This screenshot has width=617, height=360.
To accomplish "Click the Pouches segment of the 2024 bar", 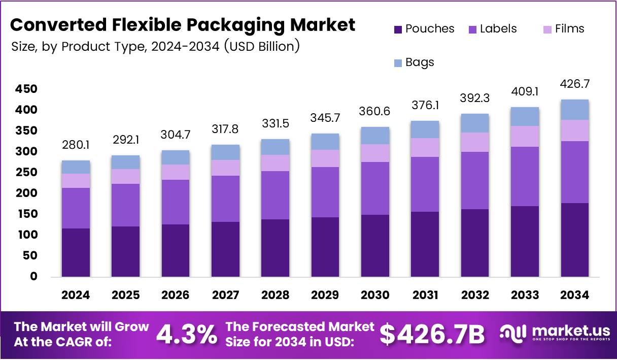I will click(76, 252).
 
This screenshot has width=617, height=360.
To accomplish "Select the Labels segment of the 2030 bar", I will click(375, 188).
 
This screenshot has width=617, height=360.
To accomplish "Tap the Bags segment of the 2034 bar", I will click(575, 110).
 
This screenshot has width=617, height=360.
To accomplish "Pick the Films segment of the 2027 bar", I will click(225, 168).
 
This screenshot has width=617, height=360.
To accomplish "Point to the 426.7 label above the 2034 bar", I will click(575, 84).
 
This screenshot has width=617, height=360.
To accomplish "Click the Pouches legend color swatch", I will click(398, 29).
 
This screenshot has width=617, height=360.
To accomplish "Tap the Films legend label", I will click(569, 29).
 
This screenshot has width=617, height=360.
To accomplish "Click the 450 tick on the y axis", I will click(26, 89).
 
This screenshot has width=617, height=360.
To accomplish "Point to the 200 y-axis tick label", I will click(26, 193).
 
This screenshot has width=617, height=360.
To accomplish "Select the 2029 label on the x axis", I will click(325, 295).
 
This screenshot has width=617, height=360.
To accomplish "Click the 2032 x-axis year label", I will click(475, 295).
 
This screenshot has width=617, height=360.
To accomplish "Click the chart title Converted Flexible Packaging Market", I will click(183, 24).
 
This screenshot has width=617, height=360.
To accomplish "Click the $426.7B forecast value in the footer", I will click(432, 334).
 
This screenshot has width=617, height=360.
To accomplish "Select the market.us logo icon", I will click(513, 333).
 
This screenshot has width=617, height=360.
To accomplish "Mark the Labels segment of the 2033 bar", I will click(525, 176).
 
